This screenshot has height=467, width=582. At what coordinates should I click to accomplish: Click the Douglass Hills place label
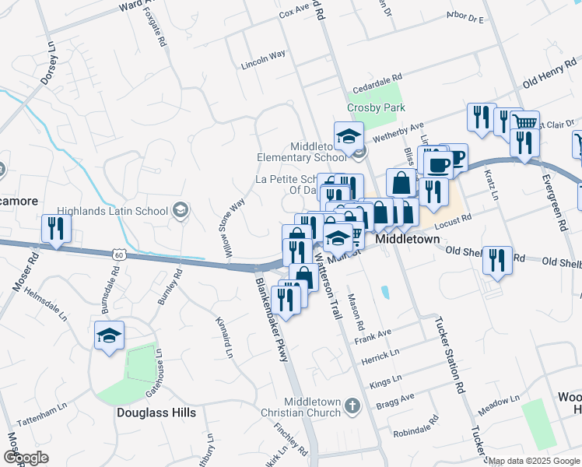point(156,412)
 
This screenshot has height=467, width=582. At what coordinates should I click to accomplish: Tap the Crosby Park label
point(377,107)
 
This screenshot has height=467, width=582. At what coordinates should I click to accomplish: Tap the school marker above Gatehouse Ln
point(110,335)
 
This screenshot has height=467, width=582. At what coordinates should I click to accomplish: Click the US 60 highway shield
point(118,255)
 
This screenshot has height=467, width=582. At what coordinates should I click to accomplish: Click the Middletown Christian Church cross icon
point(352,406)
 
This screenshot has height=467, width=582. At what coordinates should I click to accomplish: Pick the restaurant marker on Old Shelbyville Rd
point(497,260)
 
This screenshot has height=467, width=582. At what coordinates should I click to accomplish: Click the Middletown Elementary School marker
point(349,135)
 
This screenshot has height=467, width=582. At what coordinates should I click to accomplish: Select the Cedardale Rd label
point(377,79)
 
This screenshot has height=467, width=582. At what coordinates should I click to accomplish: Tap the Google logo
point(26,458)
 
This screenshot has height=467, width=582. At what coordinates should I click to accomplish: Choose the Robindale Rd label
point(417,429)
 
